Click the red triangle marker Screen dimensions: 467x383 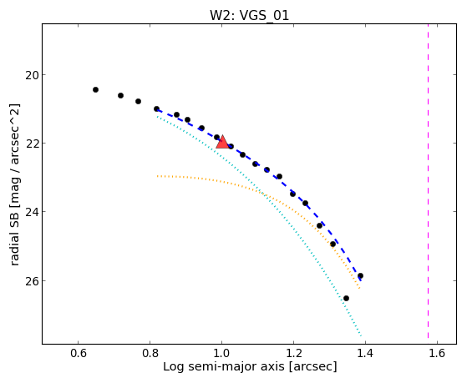[222, 142]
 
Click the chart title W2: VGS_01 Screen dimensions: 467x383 [249, 16]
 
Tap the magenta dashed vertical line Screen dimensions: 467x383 [428, 181]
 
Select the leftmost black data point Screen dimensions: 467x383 [95, 89]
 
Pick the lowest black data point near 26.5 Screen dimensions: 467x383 [346, 298]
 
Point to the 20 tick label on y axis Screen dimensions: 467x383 [32, 75]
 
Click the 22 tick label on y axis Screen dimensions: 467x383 [32, 144]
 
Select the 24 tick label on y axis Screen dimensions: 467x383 [32, 212]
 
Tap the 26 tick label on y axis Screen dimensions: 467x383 [32, 281]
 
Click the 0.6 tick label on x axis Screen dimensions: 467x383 [78, 353]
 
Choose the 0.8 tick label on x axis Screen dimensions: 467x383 [150, 353]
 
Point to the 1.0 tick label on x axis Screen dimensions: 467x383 [221, 353]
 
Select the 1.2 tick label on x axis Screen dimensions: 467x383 [293, 353]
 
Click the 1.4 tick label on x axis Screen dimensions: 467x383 [365, 353]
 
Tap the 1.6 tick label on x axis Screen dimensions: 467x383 [437, 353]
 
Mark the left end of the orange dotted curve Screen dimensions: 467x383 [158, 176]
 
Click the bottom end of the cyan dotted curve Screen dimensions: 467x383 [361, 336]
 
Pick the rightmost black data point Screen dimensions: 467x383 [360, 276]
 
